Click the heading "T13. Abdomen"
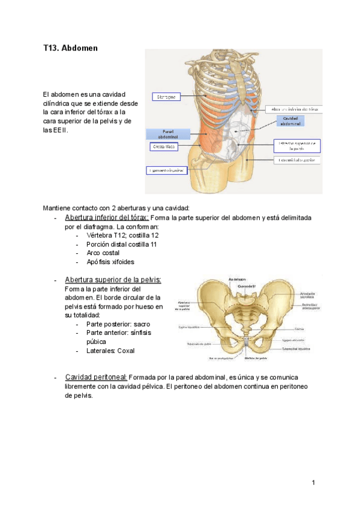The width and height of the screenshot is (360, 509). (70, 47)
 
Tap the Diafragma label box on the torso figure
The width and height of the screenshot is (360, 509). (166, 96)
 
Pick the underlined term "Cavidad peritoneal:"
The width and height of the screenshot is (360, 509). (95, 377)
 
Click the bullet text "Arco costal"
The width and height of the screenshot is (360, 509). (103, 253)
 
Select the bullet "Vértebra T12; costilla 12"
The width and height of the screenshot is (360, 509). (122, 235)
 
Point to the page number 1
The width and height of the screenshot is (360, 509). (314, 482)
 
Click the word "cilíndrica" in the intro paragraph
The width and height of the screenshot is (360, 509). (59, 103)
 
